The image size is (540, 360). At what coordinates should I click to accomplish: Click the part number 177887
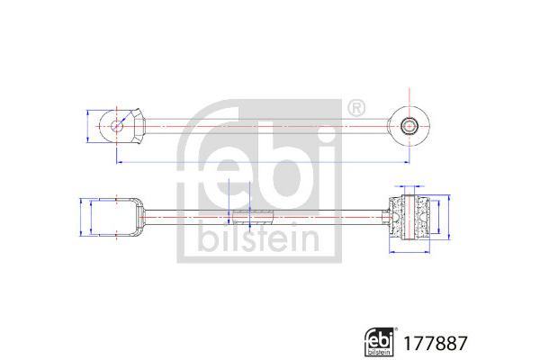point(436,343)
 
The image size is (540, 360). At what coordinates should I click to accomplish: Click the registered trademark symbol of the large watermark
point(356,109)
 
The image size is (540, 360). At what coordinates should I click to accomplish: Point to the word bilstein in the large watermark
point(259,237)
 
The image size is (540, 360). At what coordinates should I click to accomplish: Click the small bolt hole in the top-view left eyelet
point(117,126)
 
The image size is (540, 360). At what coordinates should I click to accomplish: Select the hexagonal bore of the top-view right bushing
point(409,126)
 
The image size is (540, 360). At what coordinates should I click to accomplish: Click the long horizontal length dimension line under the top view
point(263,162)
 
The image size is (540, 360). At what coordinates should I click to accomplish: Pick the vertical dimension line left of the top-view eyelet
point(88,126)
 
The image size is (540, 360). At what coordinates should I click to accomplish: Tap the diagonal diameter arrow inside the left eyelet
point(124,119)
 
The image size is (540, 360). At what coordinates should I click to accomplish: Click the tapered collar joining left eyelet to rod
point(139,126)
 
